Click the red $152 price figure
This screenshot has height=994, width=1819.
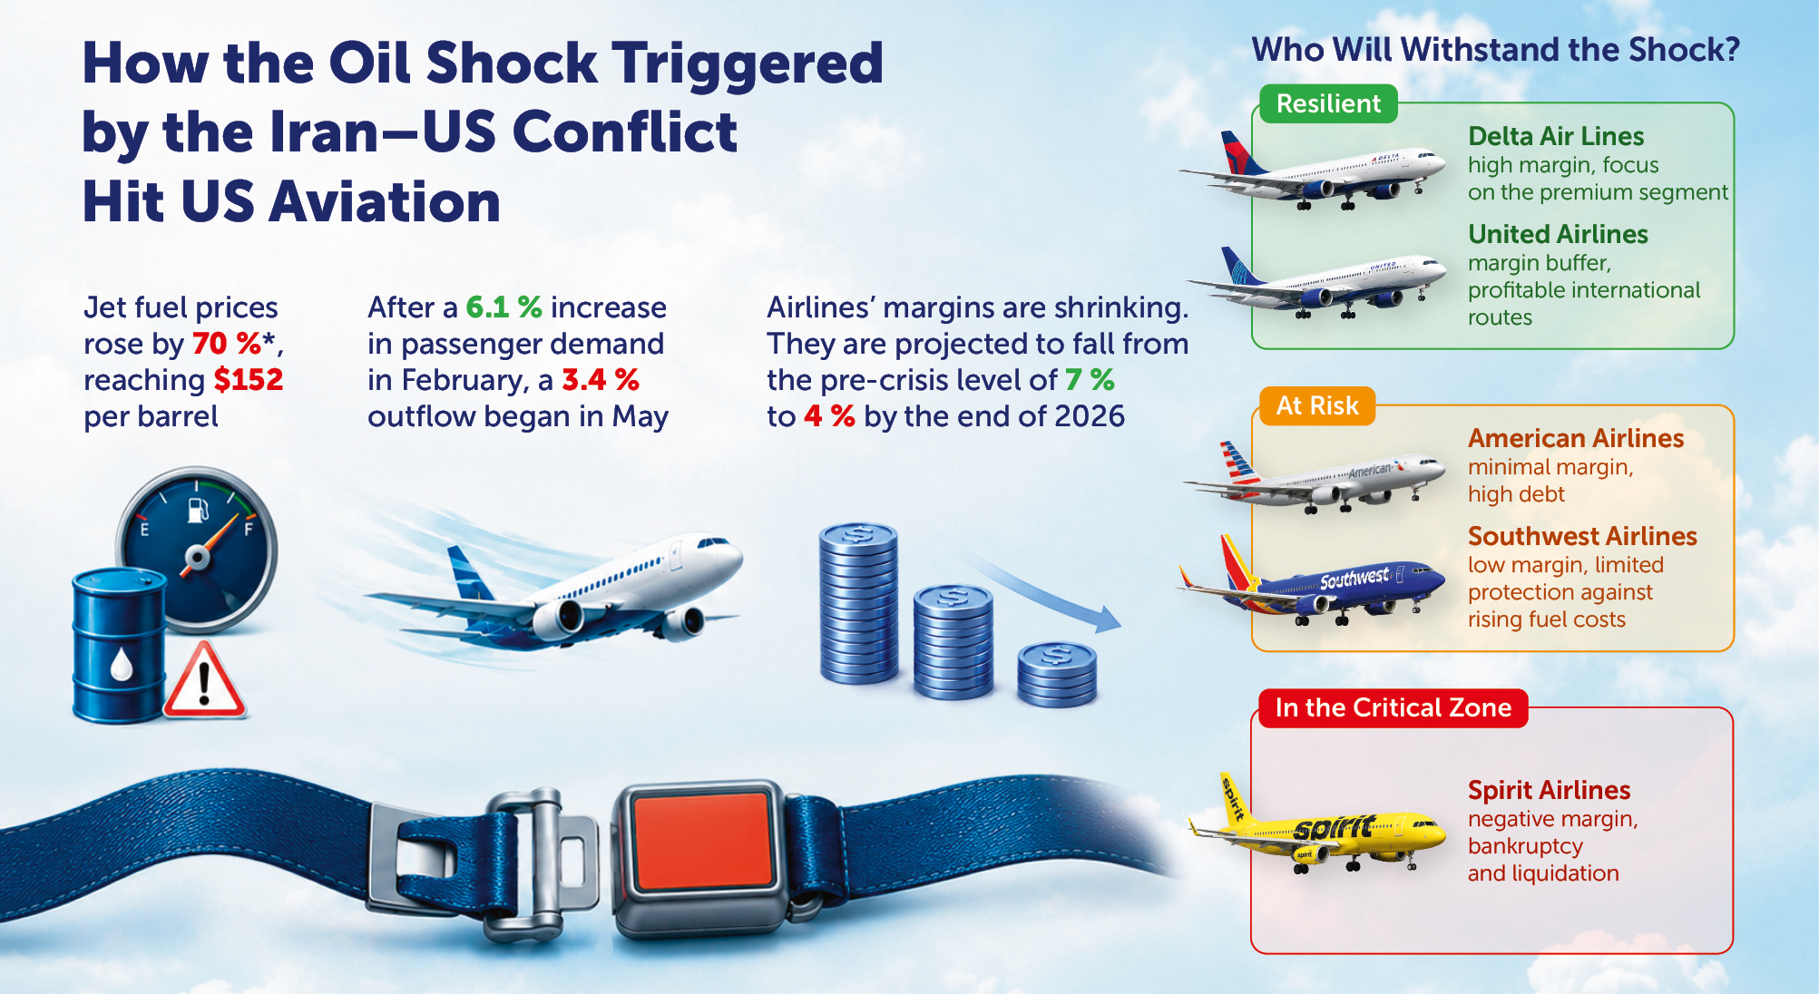point(249,379)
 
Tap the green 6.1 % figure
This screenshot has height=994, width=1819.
point(504,307)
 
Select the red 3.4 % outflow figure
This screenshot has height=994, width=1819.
point(600,379)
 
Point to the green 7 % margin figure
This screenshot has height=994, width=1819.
point(1090,379)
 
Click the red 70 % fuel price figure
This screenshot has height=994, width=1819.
point(227,344)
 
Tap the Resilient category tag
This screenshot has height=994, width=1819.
point(1328,103)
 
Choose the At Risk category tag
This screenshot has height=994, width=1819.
point(1317,405)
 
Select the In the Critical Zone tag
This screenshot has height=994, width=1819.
point(1394,707)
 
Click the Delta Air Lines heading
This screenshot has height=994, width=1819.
point(1556,136)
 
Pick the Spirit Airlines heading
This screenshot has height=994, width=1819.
point(1549,790)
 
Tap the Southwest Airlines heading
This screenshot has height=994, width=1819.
point(1582,536)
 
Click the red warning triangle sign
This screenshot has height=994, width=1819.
point(204,681)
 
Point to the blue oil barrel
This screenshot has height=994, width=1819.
point(119,646)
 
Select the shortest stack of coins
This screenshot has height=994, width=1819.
point(1057,675)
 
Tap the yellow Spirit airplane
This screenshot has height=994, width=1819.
point(1317,825)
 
